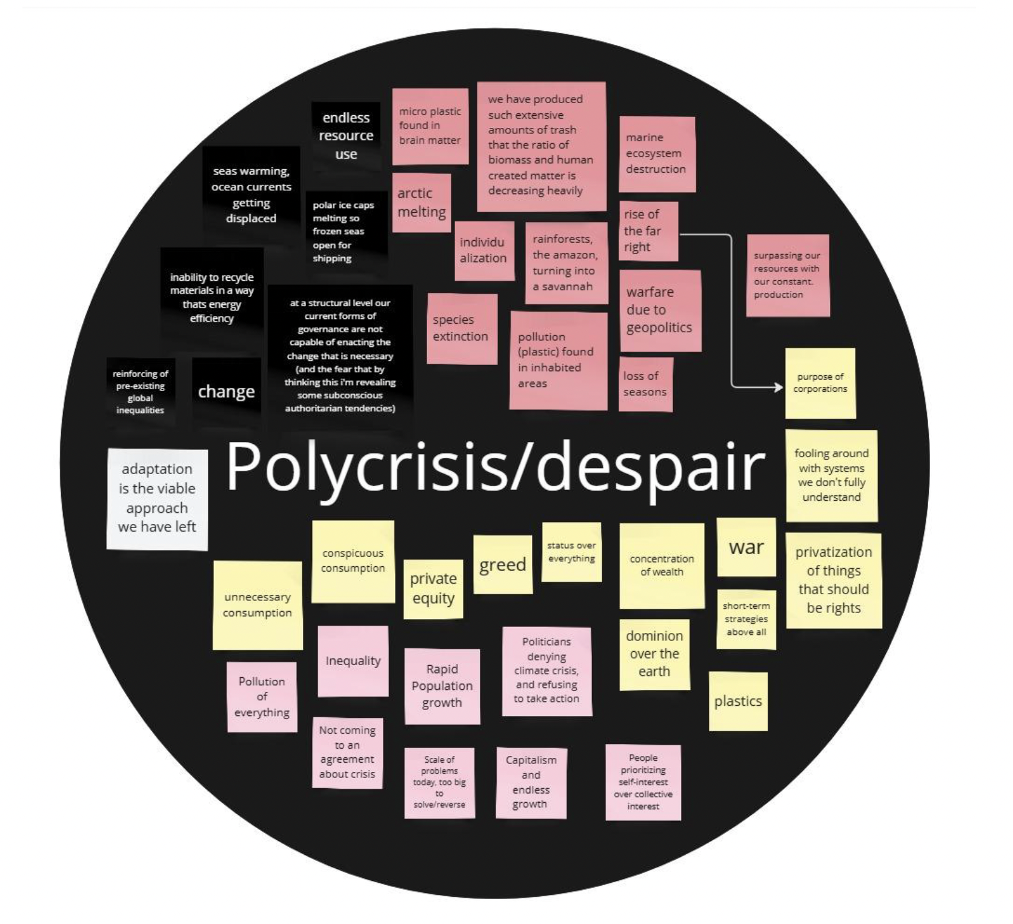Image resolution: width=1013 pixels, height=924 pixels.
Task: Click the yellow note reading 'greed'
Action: [x=502, y=565]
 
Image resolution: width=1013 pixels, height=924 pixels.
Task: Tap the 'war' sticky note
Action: [x=746, y=547]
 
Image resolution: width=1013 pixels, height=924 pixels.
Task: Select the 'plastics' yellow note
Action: [x=738, y=701]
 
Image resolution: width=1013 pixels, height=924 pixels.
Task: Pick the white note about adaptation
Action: [x=157, y=498]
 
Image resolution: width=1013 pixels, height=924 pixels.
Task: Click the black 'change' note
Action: [x=226, y=392]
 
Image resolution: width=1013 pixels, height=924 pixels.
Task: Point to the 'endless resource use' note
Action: [x=346, y=136]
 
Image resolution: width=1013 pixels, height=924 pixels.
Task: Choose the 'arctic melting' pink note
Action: [x=422, y=203]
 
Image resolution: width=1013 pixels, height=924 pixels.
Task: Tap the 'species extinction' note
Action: [x=462, y=329]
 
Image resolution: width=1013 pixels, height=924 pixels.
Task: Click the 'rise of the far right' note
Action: [x=648, y=231]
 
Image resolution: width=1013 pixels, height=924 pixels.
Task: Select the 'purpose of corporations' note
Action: [x=820, y=383]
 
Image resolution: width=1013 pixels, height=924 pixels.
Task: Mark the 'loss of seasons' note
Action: [x=646, y=384]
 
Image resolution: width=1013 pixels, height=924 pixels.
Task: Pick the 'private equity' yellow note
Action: [x=433, y=589]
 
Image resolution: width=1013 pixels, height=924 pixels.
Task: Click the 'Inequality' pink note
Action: [x=353, y=661]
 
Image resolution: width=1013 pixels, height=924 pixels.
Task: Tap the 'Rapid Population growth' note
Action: [x=442, y=686]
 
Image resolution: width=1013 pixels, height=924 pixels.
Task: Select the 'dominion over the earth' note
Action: [x=654, y=654]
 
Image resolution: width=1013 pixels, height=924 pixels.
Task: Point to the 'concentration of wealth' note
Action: [x=662, y=566]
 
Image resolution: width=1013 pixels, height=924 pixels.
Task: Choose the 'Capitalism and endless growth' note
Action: [x=531, y=782]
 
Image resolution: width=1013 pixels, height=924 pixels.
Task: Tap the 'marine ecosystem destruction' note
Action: [x=656, y=154]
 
